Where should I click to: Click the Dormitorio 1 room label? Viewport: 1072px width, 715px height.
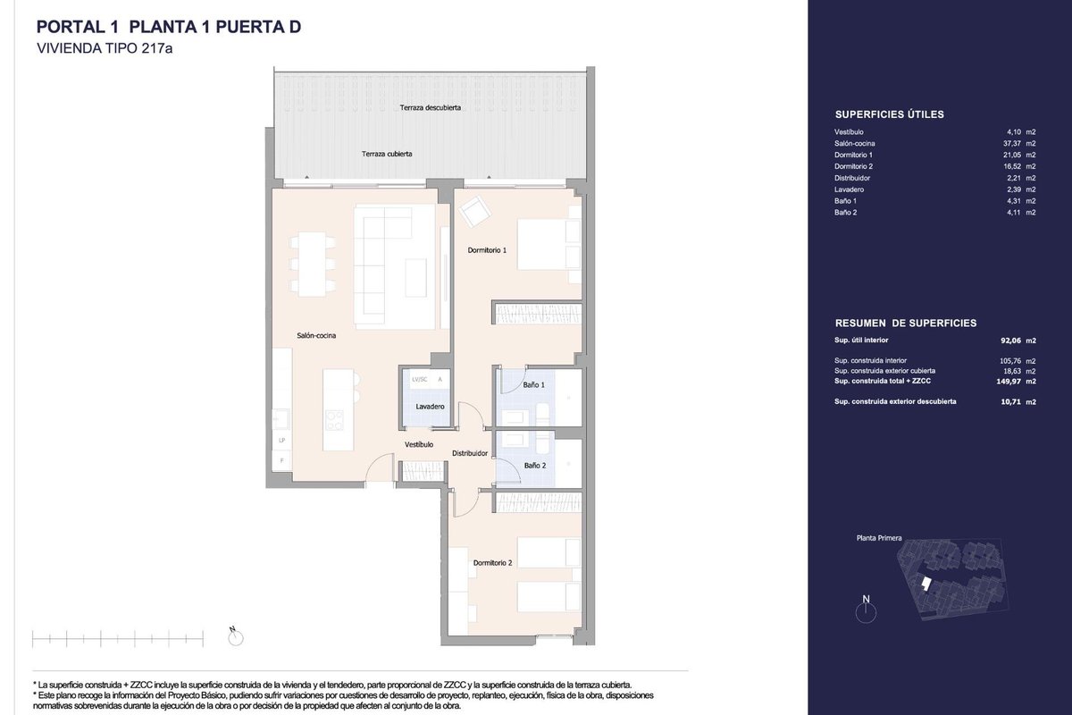click(x=487, y=250)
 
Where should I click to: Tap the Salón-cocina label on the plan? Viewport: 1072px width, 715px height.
click(x=316, y=336)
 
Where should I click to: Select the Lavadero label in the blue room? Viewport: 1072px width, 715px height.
click(x=430, y=407)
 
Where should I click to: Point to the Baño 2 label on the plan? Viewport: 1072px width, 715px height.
click(x=534, y=466)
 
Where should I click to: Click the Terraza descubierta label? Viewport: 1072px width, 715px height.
click(x=431, y=108)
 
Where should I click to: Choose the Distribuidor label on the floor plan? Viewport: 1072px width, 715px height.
click(x=470, y=453)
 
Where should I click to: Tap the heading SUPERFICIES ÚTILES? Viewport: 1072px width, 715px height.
click(x=890, y=114)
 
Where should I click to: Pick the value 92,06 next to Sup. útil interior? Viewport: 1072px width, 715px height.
click(x=1010, y=341)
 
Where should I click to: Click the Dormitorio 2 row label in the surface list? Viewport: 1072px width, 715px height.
click(x=854, y=166)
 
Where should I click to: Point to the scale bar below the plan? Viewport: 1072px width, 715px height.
click(x=118, y=639)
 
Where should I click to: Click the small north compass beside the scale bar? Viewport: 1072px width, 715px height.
click(x=236, y=637)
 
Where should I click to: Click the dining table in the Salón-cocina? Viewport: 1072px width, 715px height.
click(x=313, y=265)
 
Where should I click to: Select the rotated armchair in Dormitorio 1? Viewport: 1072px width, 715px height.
click(x=474, y=211)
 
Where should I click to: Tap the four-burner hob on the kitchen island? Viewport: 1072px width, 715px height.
click(x=334, y=420)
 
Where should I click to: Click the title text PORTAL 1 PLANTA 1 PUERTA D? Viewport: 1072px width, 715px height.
click(x=169, y=28)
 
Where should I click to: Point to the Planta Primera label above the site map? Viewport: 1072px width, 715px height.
click(x=879, y=538)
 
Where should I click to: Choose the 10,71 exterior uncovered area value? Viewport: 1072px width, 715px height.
click(x=1010, y=402)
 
